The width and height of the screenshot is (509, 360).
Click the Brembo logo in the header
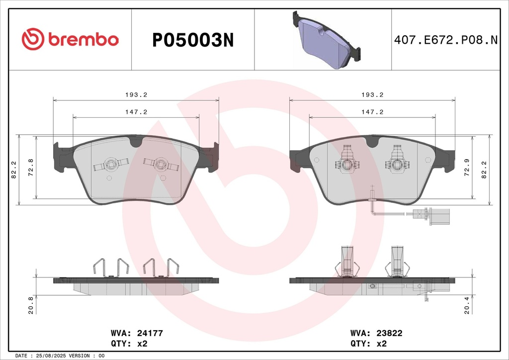(x=70, y=39)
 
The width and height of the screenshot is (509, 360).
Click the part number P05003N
(x=193, y=40)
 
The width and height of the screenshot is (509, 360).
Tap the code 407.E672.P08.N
(x=446, y=40)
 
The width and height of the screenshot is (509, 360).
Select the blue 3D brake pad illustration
(x=326, y=40)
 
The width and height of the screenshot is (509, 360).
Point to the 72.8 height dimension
(x=31, y=168)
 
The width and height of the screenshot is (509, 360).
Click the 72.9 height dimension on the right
(x=467, y=168)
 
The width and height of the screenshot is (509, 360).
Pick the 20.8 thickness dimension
(x=31, y=305)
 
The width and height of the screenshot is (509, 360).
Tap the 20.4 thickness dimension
(x=467, y=305)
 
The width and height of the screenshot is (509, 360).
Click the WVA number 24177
(x=150, y=333)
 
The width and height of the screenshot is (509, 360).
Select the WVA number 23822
(x=389, y=333)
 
